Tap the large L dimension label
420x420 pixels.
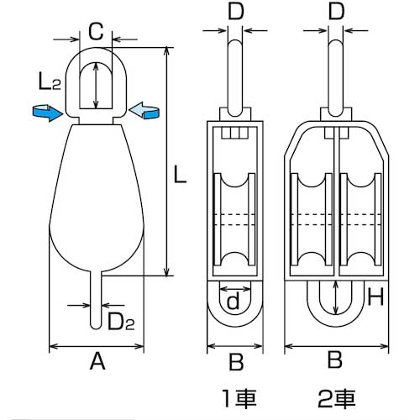(179, 176)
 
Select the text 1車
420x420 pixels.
(237, 395)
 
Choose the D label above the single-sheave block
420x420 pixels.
(237, 12)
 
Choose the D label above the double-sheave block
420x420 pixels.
(335, 12)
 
